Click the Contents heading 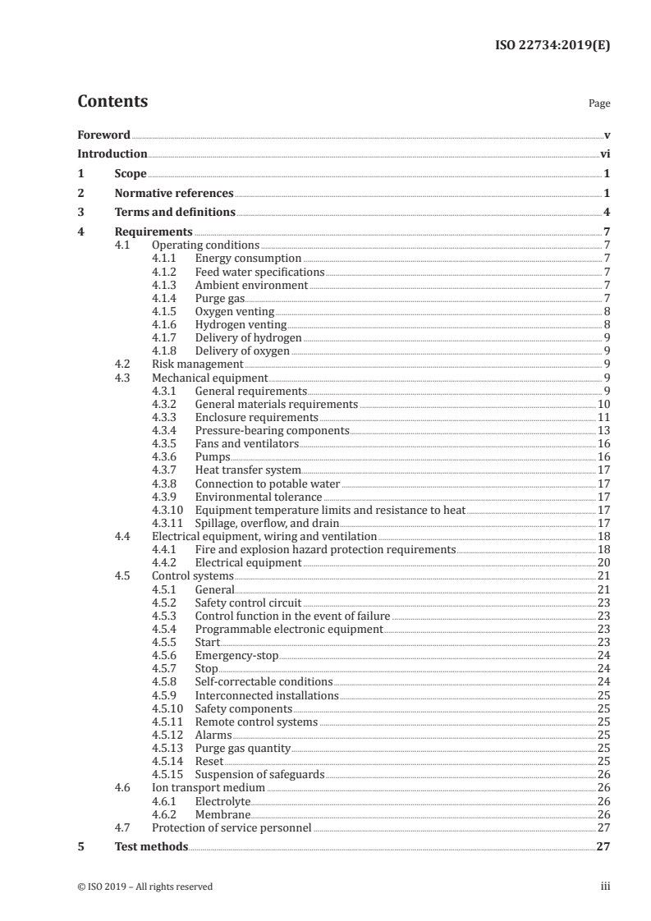click(112, 102)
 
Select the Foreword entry click(103, 135)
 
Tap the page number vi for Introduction click(604, 153)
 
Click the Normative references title click(174, 194)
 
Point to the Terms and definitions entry click(175, 213)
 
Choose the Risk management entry click(198, 364)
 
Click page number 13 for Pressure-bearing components click(603, 430)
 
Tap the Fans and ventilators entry click(246, 443)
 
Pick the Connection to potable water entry click(267, 483)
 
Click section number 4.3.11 click(167, 523)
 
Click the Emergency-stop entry click(236, 656)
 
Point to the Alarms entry click(213, 735)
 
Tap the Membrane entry click(222, 815)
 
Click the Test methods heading click(151, 846)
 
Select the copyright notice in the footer click(145, 887)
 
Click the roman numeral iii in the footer click(605, 887)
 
